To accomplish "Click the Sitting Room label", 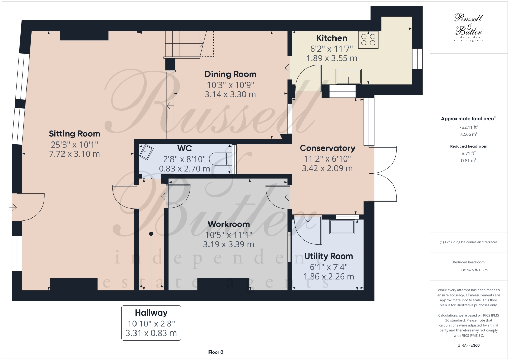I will [74, 134].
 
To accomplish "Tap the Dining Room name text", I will [230, 74].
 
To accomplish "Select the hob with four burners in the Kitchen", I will [368, 39].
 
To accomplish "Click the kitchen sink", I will [348, 76].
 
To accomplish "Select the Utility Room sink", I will [342, 226].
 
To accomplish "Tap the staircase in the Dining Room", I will [185, 44].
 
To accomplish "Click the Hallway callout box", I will [151, 323].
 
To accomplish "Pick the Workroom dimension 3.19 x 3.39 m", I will [229, 244].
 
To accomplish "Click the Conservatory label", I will [327, 148].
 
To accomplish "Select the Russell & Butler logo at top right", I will [469, 27].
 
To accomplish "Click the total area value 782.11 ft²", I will [469, 127].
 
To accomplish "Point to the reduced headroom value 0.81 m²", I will [469, 160].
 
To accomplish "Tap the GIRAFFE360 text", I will [469, 345].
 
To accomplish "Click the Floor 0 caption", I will [216, 352].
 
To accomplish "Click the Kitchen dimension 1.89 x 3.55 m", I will [331, 58].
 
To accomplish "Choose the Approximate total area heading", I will [468, 119].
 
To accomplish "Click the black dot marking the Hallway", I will [151, 234].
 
